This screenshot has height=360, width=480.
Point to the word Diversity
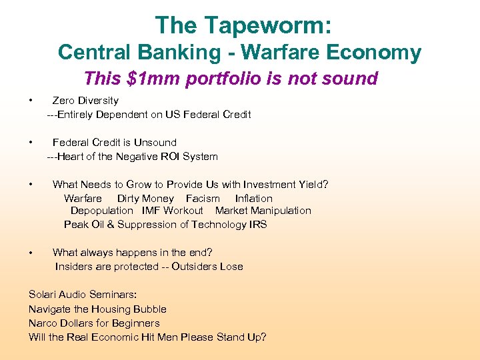pos(97,101)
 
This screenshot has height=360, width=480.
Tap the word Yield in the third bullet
pos(309,185)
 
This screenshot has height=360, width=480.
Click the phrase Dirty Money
pos(145,199)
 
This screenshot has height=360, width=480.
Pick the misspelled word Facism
pos(203,199)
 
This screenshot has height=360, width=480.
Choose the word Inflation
pos(253,199)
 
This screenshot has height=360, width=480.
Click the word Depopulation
pos(102,211)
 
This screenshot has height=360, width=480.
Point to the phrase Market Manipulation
pos(263,211)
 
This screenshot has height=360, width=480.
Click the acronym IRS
pos(257,225)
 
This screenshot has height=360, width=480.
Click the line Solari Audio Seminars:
pos(83,295)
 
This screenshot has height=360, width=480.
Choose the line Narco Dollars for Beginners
pos(94,323)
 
